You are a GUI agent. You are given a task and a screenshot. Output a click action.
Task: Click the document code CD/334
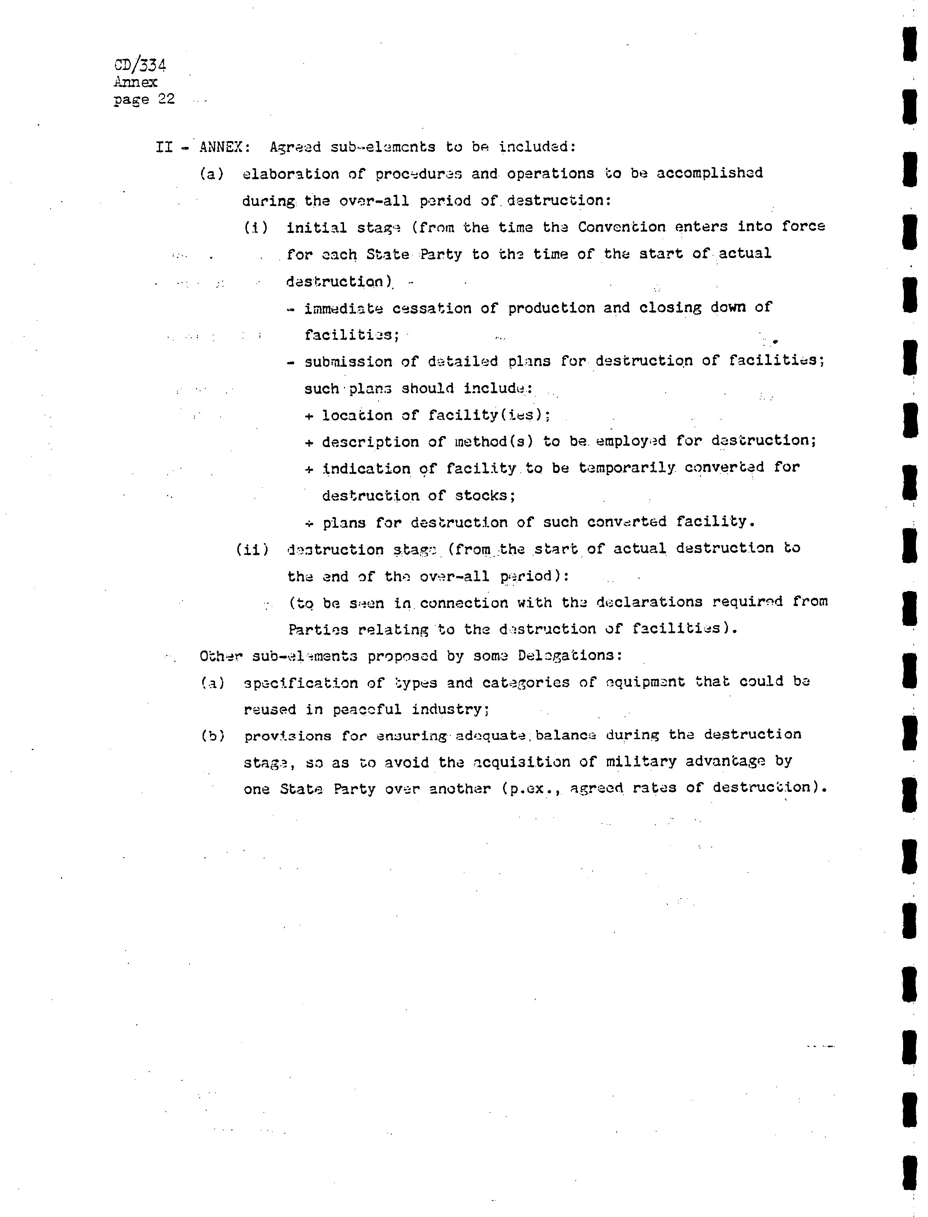pyautogui.click(x=140, y=65)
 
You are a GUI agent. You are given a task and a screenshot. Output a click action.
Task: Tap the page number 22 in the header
pyautogui.click(x=166, y=99)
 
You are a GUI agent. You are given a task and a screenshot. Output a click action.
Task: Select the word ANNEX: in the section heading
pyautogui.click(x=225, y=147)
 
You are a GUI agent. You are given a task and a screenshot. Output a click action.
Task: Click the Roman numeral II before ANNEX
pyautogui.click(x=164, y=147)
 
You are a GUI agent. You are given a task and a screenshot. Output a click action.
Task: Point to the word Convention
pyautogui.click(x=621, y=227)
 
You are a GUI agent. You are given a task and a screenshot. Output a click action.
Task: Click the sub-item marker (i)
pyautogui.click(x=256, y=228)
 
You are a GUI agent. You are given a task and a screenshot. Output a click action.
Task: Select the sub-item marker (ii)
pyautogui.click(x=252, y=550)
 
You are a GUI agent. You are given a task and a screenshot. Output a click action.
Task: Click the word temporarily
pyautogui.click(x=626, y=468)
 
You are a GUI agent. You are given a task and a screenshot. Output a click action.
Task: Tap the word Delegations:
pyautogui.click(x=570, y=656)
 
